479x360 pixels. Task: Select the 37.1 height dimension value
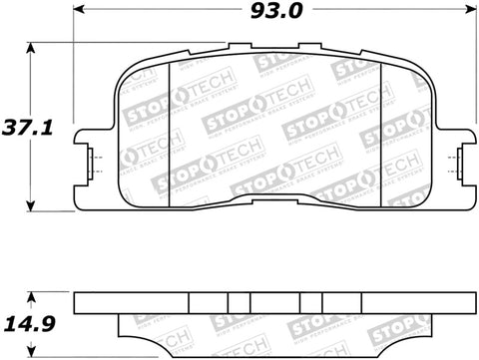click(x=18, y=127)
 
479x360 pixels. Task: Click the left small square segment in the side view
click(x=238, y=301)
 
